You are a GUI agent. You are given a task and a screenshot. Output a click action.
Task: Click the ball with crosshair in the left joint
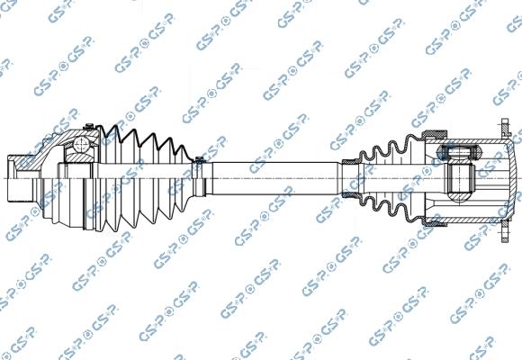[81, 144]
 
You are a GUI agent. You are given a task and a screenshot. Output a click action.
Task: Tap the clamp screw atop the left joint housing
[89, 126]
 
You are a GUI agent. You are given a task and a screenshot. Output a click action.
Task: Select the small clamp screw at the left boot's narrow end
[199, 159]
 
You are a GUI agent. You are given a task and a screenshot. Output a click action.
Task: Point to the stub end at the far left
[19, 178]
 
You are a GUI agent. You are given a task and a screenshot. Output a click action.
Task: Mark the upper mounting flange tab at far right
[506, 127]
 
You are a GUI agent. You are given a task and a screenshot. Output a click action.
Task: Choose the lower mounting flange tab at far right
[506, 231]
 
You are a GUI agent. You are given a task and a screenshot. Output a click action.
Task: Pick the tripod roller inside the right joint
[459, 152]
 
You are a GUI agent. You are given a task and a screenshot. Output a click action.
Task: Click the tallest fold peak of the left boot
[115, 129]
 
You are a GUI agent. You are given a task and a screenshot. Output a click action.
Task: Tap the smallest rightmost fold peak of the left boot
[182, 148]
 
